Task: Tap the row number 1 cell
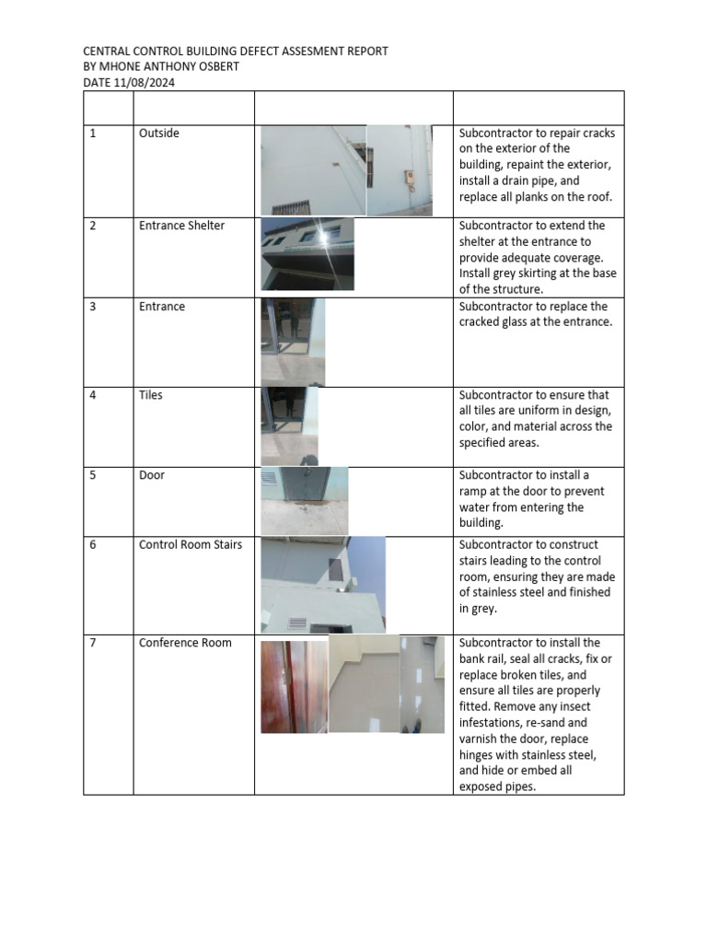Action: (93, 134)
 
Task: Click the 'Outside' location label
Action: (158, 134)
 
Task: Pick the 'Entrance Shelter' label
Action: (181, 226)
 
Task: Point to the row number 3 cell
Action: (93, 307)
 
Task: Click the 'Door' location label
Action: (152, 475)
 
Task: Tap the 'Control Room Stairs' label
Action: (190, 544)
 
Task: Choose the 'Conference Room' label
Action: (185, 643)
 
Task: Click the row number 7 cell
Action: (93, 643)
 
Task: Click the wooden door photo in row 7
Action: (293, 686)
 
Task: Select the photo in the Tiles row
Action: (289, 425)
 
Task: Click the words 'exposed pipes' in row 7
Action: (496, 786)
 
